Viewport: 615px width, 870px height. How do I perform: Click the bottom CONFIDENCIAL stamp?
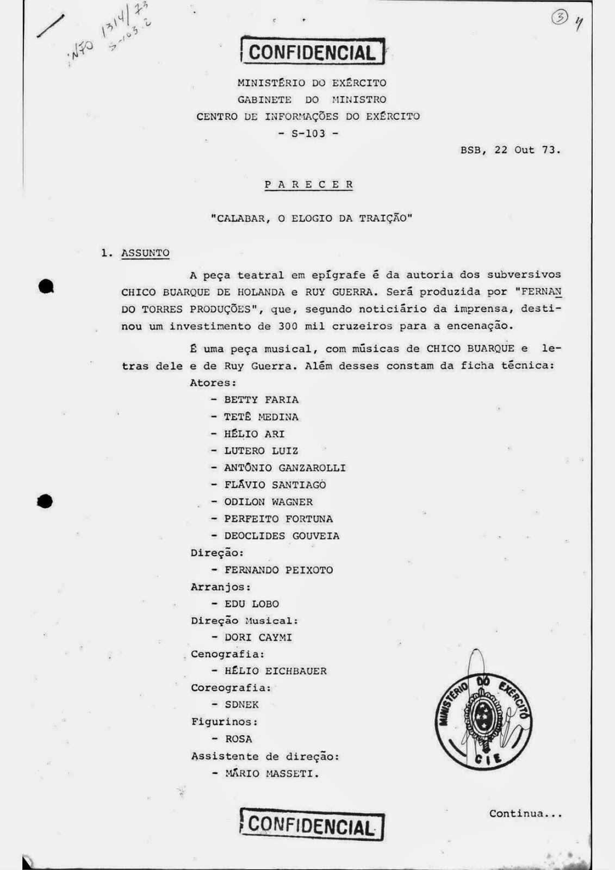pyautogui.click(x=312, y=826)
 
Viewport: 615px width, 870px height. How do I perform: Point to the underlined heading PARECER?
pyautogui.click(x=309, y=184)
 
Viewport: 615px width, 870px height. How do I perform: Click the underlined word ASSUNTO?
pyautogui.click(x=145, y=253)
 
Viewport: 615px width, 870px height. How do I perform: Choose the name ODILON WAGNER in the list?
pyautogui.click(x=268, y=502)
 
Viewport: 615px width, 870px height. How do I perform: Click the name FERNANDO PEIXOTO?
pyautogui.click(x=278, y=570)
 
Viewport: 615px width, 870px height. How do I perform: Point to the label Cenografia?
pyautogui.click(x=227, y=654)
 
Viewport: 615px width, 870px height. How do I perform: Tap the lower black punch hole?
pyautogui.click(x=46, y=501)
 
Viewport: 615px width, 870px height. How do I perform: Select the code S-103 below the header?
pyautogui.click(x=308, y=133)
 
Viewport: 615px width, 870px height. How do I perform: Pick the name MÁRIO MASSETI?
pyautogui.click(x=271, y=773)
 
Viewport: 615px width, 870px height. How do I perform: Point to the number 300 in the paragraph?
pyautogui.click(x=287, y=326)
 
